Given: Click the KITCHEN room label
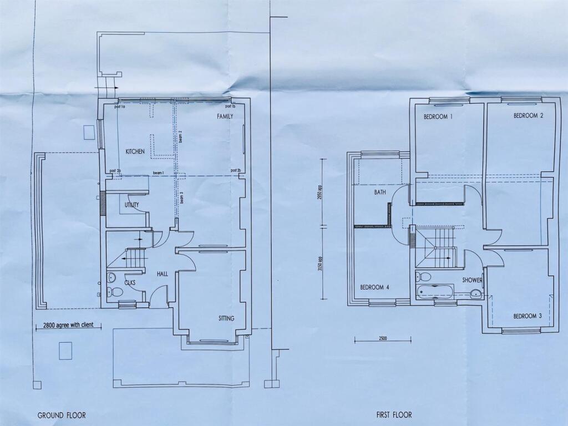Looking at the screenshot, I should coord(135,151).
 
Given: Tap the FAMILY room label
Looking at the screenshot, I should coord(225,116).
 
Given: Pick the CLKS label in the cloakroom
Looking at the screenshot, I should coord(130,283).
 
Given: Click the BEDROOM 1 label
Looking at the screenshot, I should coord(438,117).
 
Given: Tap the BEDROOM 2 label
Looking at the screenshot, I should coord(528,116).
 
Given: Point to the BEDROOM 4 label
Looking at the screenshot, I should coord(374,287).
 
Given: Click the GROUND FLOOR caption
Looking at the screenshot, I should coord(62,415).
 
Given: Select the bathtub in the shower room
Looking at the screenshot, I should coord(435,292).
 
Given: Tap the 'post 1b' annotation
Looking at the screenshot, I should coord(230,106).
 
